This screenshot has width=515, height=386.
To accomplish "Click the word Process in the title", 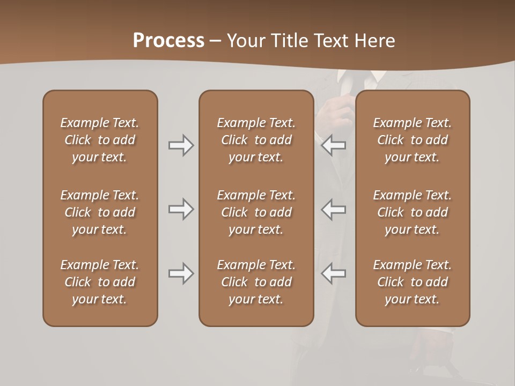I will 168,41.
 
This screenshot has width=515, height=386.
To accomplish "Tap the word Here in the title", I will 374,41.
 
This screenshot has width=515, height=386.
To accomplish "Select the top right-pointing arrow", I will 181,145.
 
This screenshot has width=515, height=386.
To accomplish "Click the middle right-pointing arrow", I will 181,209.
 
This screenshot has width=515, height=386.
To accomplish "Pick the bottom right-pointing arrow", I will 181,273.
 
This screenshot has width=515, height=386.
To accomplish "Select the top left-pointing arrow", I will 333,145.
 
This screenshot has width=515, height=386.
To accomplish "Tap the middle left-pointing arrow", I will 333,209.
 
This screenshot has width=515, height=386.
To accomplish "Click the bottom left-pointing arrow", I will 333,273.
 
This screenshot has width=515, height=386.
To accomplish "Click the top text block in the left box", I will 100,140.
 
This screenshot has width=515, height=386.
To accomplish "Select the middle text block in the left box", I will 100,212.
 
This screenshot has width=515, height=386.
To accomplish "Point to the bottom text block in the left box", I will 100,282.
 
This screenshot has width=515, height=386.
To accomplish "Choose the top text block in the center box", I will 256,140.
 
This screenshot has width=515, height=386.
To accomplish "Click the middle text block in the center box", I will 256,212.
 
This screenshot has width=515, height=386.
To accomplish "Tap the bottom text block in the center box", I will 256,282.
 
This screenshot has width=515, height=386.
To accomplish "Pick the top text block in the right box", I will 413,140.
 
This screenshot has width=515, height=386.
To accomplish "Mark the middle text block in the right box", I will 413,212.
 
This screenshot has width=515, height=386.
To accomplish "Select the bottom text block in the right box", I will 413,282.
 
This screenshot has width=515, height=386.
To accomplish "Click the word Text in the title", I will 333,41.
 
